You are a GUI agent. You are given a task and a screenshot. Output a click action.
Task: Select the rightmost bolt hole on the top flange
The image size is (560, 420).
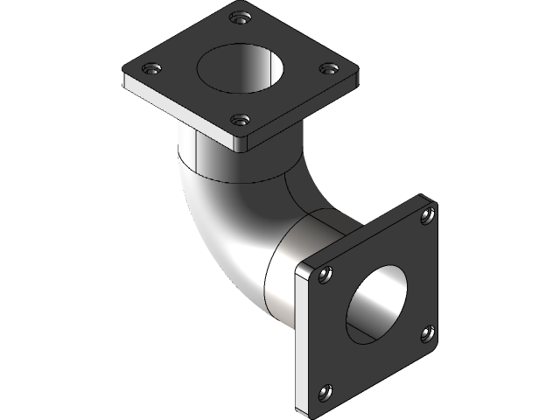pos(327,67)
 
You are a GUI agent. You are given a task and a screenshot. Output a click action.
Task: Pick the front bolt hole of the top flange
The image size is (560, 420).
pos(241,120)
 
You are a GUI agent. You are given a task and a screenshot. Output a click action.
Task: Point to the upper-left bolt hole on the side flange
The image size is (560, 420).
pos(325,276)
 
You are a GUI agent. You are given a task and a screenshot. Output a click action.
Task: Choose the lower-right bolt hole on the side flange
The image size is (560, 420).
pos(428,332)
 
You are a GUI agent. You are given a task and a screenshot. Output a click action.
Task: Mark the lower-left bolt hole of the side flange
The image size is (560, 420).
pos(325,391)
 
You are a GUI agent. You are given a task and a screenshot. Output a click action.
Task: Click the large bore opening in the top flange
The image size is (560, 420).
pos(241,67)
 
